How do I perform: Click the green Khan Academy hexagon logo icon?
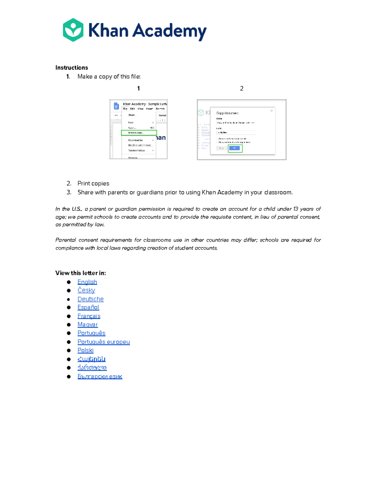73,30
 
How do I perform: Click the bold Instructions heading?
72,68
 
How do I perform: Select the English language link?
87,282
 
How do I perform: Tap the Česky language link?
86,290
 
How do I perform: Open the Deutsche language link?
90,299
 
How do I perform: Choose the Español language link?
88,307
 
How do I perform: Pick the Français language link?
89,316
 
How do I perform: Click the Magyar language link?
88,325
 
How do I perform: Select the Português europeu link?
104,342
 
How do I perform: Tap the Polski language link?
85,350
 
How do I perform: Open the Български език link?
100,376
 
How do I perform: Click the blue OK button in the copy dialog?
235,148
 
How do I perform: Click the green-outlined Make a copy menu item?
139,133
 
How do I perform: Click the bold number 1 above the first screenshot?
139,89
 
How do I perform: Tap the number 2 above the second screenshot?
242,89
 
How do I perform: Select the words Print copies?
93,184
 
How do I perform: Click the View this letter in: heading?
80,273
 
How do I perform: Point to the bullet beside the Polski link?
69,350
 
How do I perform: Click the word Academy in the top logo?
169,31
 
